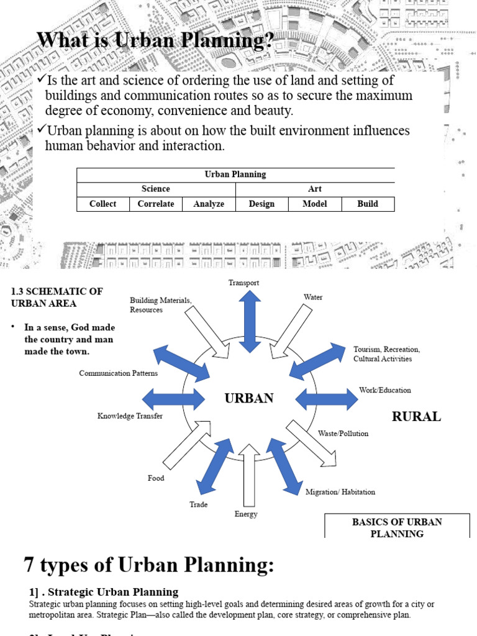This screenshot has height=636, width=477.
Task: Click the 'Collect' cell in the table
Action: click(x=102, y=204)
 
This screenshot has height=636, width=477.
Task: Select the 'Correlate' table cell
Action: click(x=156, y=204)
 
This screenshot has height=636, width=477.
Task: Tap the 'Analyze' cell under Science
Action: click(x=209, y=204)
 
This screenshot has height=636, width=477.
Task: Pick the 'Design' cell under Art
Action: click(x=261, y=204)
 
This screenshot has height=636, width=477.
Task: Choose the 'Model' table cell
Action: click(x=314, y=204)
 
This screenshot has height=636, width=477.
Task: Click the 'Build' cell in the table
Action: click(x=368, y=204)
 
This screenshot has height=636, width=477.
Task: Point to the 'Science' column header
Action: click(x=155, y=189)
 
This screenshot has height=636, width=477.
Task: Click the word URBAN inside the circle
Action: click(x=249, y=398)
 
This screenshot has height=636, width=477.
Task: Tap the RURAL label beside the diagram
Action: click(x=416, y=417)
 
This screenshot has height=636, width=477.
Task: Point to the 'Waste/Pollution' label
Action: click(x=343, y=434)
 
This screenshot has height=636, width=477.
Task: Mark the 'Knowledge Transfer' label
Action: click(x=130, y=416)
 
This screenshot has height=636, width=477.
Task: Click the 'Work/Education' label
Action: click(x=385, y=391)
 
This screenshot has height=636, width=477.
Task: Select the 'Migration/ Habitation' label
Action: click(x=340, y=492)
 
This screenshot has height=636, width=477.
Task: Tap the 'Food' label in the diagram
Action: click(x=156, y=478)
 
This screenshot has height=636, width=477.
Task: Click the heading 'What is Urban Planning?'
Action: click(x=155, y=40)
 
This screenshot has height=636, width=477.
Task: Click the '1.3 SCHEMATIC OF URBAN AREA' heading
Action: click(x=57, y=297)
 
